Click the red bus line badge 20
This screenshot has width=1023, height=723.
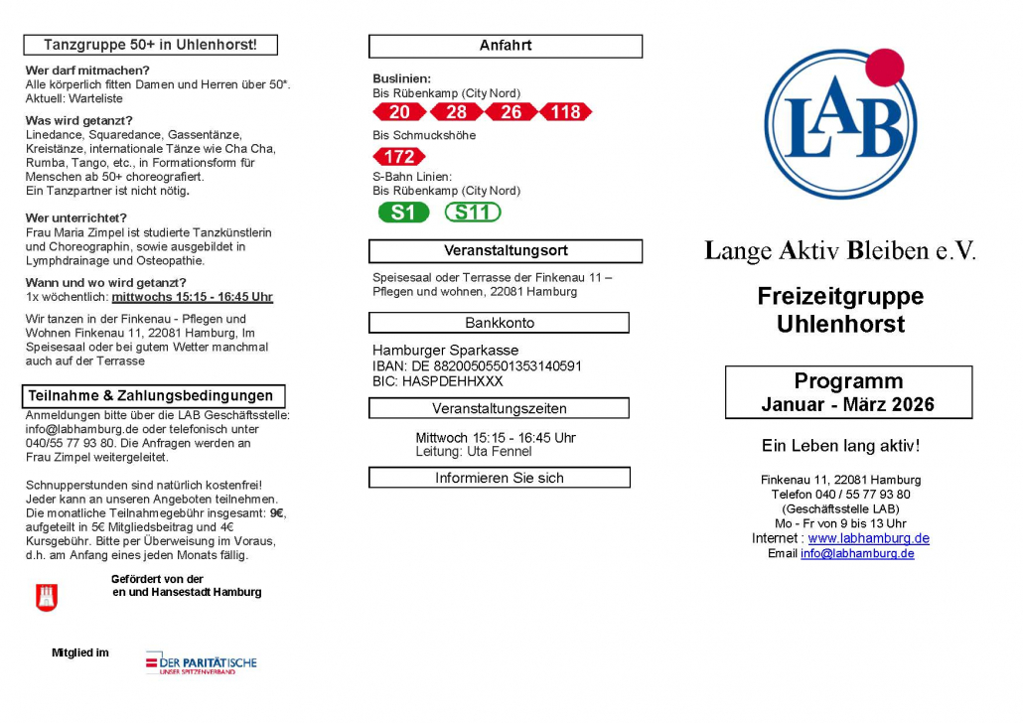pos(399,112)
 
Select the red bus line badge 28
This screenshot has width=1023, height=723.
pos(456,112)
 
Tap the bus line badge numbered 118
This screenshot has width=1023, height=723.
pos(565,112)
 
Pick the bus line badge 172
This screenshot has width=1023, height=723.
pos(399,157)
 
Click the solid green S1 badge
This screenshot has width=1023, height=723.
pos(403,213)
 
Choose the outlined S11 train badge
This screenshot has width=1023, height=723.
pos(473,213)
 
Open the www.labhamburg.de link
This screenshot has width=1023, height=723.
pos(868,538)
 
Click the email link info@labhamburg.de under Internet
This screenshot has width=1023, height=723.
pos(857,553)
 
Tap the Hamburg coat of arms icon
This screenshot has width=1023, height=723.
pos(47,598)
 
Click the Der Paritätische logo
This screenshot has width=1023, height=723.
pos(201,662)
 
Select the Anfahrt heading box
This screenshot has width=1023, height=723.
pos(506,46)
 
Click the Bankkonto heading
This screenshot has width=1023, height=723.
pos(499,323)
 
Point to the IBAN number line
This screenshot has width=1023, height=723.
pos(477,365)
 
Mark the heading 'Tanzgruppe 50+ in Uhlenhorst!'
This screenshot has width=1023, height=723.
pos(151,45)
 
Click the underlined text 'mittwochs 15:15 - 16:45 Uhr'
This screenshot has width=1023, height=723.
pos(192,297)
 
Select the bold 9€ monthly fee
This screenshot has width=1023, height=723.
pos(277,513)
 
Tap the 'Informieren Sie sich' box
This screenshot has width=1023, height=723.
pos(499,478)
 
